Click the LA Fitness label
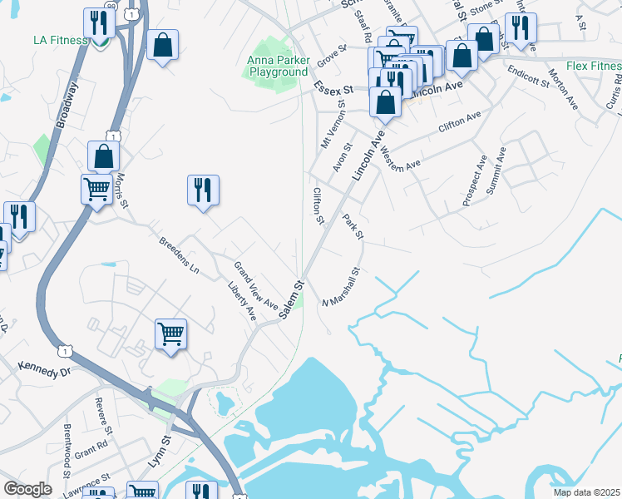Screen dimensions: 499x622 (x=60, y=40)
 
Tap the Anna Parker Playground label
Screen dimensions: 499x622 (x=277, y=66)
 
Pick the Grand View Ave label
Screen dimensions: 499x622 (x=255, y=286)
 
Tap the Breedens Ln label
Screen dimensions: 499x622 (x=179, y=255)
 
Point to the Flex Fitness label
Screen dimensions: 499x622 (x=592, y=66)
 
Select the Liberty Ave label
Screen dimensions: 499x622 (x=241, y=302)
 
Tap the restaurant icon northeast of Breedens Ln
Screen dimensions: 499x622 (x=203, y=190)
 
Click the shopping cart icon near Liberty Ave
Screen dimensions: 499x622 (x=170, y=333)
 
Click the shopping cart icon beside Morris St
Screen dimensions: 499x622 (x=96, y=189)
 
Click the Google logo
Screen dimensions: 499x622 (x=27, y=489)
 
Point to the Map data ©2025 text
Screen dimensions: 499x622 (x=586, y=492)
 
